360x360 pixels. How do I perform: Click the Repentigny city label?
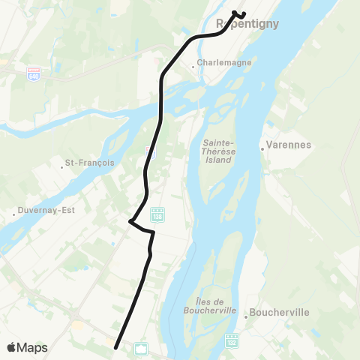[x=247, y=24]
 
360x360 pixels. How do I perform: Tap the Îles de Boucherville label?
[x=210, y=305]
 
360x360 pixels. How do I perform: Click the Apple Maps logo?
[x=28, y=347]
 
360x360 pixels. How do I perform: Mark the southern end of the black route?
[x=115, y=347]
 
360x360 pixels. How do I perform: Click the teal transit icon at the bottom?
[x=140, y=347]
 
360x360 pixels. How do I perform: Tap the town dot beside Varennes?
[x=262, y=148]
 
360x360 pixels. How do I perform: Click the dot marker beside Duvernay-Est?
[x=13, y=211]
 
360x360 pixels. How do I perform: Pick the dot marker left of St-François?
[x=62, y=163]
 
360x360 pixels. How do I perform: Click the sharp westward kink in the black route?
[x=130, y=221]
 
